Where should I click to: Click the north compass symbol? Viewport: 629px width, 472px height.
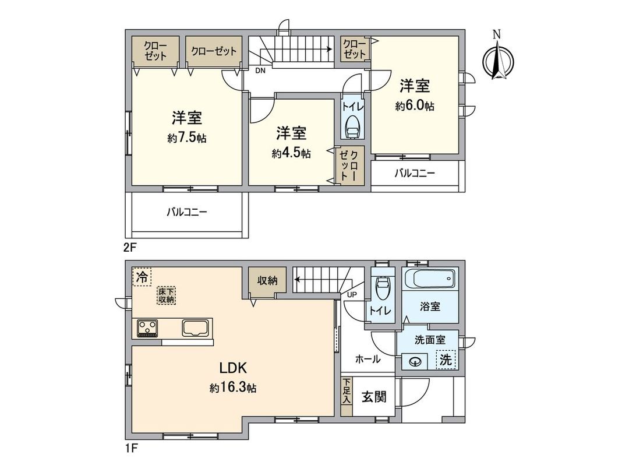pos(497,60)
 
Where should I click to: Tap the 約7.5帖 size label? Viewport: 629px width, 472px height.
pos(187,138)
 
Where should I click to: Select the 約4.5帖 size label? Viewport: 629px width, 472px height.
pos(291,153)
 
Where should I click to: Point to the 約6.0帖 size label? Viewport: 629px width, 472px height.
pos(415,106)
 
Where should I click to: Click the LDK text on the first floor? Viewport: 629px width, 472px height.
pos(234,368)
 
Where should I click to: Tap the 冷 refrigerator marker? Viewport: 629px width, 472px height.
pos(142,276)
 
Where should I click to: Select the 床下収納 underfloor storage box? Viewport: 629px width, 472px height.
pos(165,295)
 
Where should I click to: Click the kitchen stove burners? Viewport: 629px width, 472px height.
pos(148,329)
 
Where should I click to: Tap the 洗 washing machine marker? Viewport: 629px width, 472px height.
pos(445,360)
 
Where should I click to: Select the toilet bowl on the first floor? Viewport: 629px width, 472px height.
pos(381,287)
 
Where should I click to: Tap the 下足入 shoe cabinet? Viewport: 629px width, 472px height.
pos(347,392)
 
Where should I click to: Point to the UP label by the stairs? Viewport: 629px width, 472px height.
pos(352,294)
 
